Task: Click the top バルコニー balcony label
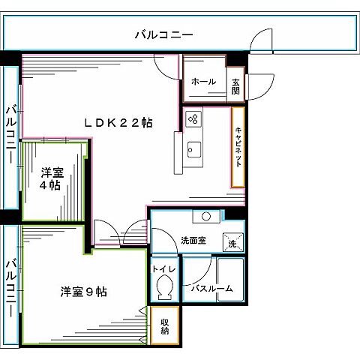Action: tap(164, 34)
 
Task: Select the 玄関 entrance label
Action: tap(235, 86)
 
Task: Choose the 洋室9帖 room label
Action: tap(82, 291)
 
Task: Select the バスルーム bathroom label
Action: tap(211, 289)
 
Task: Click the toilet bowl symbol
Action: tap(164, 287)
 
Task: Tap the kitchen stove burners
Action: tap(193, 118)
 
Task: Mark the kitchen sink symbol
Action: tap(194, 149)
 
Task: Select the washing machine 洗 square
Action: tap(232, 242)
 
